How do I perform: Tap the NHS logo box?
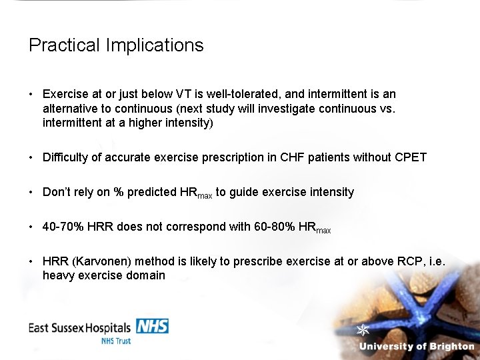point(152,326)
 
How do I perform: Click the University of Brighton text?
point(416,347)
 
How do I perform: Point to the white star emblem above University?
point(363,330)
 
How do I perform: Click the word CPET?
point(411,157)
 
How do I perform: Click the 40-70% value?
point(58,227)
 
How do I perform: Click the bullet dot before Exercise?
point(31,95)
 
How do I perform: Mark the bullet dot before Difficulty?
point(31,158)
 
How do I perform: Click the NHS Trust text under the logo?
point(116,341)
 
